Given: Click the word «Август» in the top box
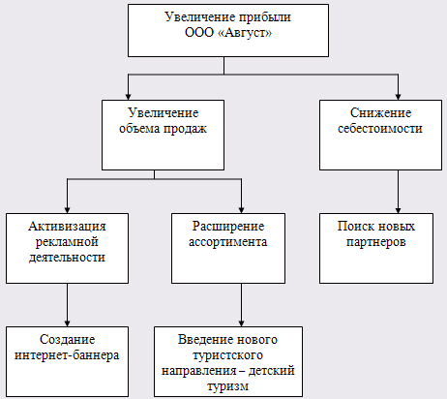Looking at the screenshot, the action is [245, 33].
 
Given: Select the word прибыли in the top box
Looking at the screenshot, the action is [265, 17].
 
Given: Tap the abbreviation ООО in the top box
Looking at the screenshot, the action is [199, 33].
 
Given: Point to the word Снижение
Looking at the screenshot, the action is [380, 113].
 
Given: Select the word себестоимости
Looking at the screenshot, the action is [380, 129].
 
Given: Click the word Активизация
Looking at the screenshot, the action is [67, 227].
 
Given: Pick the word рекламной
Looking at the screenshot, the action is [67, 242].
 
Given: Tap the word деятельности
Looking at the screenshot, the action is [67, 258].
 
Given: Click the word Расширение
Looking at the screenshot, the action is [228, 227].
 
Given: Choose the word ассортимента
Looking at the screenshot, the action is [228, 242].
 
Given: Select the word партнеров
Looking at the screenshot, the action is [376, 242].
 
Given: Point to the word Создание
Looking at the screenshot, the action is [67, 340].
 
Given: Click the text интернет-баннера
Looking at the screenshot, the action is [67, 355].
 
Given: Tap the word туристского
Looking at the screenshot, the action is [227, 355].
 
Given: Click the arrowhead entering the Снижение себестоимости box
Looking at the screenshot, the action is [398, 97].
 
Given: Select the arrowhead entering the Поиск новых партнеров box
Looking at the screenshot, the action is [398, 210].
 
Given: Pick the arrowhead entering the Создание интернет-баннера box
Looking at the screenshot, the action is [67, 323].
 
